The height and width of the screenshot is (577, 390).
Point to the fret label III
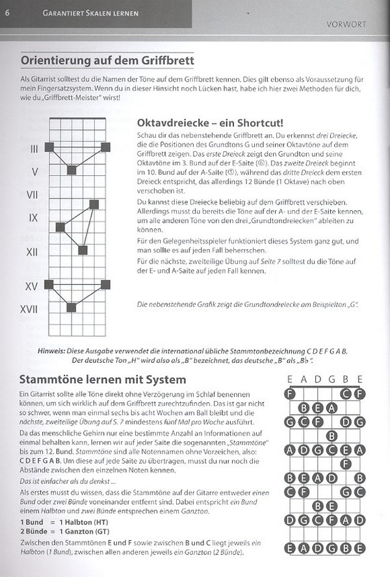point(34,149)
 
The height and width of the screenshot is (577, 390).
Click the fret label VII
point(34,195)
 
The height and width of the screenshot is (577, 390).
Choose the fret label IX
point(34,218)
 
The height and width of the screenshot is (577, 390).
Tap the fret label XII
point(32,251)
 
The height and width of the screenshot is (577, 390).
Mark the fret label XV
point(32,286)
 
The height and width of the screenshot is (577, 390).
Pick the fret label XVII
point(30,309)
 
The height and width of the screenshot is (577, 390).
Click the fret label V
point(35,172)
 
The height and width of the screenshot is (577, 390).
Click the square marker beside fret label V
point(71,170)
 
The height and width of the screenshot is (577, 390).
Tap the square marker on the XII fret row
point(83,250)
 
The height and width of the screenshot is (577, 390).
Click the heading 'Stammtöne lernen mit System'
point(94,378)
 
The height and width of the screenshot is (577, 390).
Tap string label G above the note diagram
point(331,380)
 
